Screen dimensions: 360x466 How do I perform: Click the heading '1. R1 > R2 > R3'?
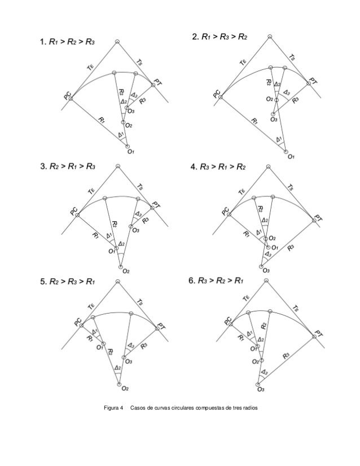[67, 41]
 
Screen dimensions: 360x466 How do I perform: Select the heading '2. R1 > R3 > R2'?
[219, 38]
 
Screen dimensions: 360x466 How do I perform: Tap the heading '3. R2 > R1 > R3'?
[66, 167]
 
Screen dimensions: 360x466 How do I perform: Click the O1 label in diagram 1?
[130, 151]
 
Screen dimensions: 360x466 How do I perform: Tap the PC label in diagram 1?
[68, 98]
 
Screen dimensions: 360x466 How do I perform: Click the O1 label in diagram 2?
[291, 157]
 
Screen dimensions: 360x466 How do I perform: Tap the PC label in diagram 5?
[77, 322]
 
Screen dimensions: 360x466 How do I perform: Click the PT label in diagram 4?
[318, 218]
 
